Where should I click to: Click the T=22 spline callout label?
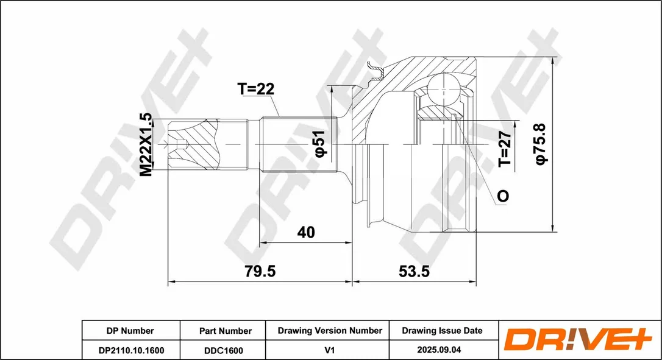pos(255,88)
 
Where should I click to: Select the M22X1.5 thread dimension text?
pos(146,144)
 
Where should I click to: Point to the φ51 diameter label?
pos(319,144)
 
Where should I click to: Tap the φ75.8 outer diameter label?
pos(541,144)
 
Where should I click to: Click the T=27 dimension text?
pos(505,149)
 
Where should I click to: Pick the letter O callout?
pos(503,196)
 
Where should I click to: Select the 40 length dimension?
pos(306,232)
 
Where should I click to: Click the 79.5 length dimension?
pos(260,271)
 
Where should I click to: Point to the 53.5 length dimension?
pos(414,271)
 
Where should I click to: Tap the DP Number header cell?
pos(130,331)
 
